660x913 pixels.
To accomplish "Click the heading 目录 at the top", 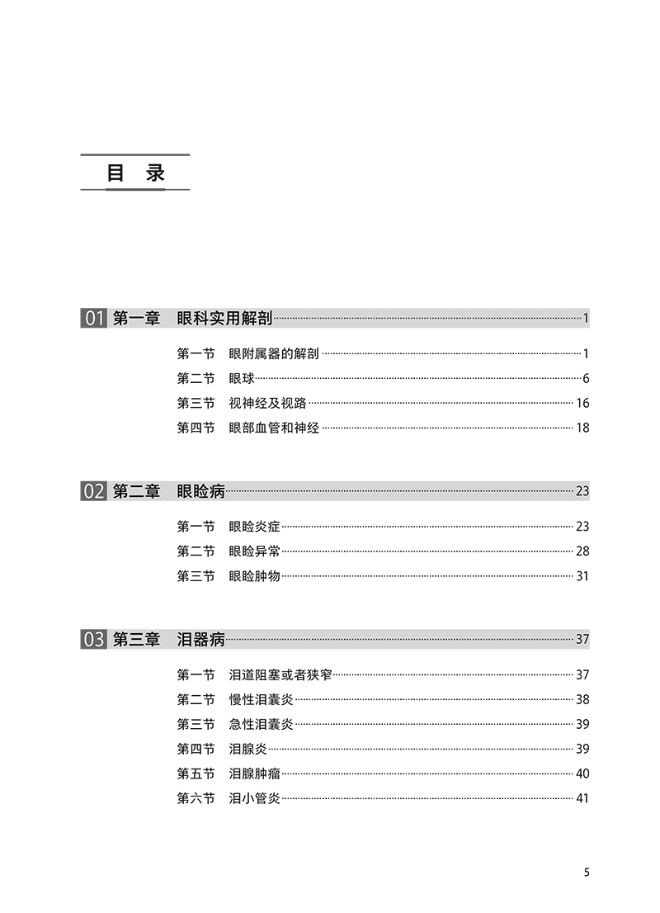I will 135,173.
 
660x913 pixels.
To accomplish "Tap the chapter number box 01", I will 93,319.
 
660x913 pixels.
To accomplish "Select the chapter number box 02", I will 93,491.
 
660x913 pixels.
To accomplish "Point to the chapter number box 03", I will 93,639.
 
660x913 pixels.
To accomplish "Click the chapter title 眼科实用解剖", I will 224,319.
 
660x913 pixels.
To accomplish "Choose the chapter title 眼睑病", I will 200,491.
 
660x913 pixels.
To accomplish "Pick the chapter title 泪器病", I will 200,639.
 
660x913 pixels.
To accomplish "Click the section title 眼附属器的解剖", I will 274,354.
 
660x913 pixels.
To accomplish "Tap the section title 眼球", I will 242,379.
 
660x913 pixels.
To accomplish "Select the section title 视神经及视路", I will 267,404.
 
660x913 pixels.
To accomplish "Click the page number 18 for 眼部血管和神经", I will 582,428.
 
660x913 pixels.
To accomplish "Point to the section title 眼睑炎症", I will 255,527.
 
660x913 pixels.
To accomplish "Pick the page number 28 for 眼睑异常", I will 582,551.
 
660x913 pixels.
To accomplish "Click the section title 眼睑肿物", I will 255,576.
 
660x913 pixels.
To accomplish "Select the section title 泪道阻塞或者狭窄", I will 280,674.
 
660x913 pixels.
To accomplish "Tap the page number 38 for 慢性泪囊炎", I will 582,699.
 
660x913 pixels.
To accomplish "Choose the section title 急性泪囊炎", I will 262,724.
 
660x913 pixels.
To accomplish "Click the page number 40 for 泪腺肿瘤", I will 582,773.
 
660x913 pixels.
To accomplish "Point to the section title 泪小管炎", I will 255,798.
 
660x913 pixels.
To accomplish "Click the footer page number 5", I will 586,873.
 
